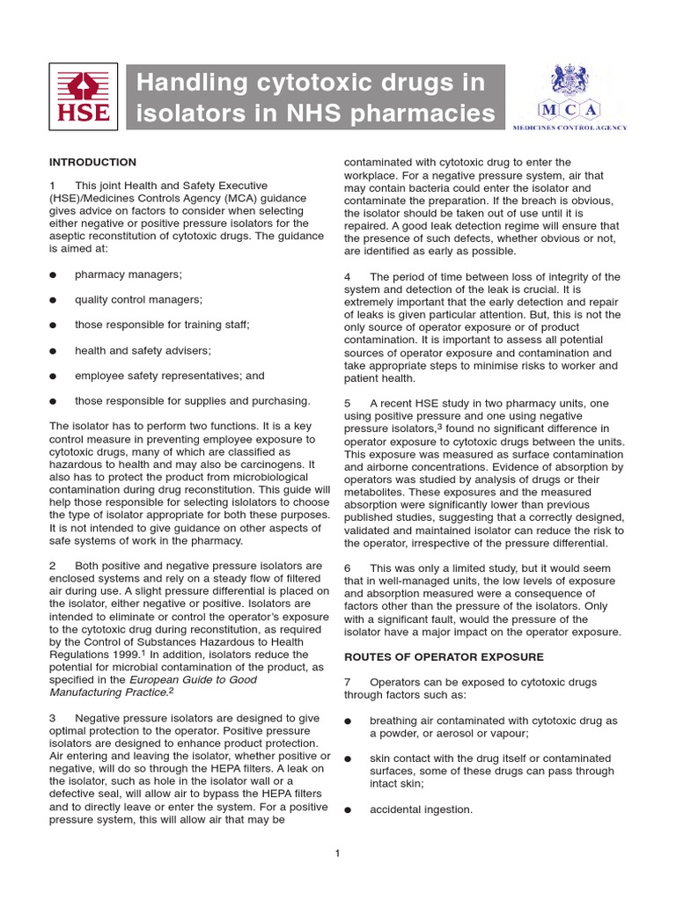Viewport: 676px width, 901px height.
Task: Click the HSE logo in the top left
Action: click(84, 96)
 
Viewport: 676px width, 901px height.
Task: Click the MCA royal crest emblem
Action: click(569, 80)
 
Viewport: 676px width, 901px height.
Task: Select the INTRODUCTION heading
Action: click(92, 162)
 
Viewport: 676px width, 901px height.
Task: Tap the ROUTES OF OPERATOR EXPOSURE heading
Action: click(443, 656)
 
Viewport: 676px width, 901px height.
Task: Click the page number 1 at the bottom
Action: click(338, 853)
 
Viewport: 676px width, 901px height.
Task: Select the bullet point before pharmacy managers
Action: click(54, 275)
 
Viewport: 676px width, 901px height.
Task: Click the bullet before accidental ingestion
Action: click(348, 809)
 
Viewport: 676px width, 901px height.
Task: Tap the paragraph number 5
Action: click(347, 403)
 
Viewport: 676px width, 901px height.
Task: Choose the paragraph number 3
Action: click(53, 718)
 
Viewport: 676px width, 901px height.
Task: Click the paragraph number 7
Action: click(347, 682)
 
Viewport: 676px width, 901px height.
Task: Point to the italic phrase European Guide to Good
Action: click(193, 680)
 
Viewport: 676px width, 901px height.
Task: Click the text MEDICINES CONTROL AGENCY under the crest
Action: click(569, 128)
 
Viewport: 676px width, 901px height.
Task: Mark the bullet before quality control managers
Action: click(54, 300)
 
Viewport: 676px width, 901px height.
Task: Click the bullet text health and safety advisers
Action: click(143, 350)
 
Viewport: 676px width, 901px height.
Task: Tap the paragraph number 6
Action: click(347, 568)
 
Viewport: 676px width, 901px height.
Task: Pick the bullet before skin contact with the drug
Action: click(348, 758)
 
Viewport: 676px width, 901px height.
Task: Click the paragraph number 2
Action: click(53, 565)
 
